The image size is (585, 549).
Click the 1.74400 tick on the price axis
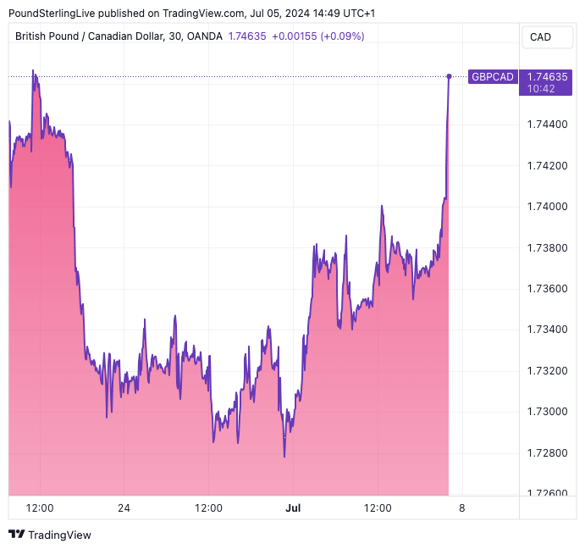(x=546, y=124)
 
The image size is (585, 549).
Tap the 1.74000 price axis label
(x=546, y=206)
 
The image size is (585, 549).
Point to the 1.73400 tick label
(x=546, y=330)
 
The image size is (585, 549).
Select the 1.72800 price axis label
(x=546, y=453)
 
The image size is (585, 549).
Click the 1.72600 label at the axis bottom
(x=546, y=492)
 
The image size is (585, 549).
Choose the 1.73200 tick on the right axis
(x=546, y=371)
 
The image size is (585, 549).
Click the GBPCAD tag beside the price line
(x=492, y=77)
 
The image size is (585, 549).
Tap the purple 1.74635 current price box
(x=547, y=81)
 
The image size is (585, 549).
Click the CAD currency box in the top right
(x=540, y=36)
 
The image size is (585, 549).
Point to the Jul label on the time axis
(x=293, y=508)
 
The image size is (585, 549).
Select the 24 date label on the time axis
(x=124, y=508)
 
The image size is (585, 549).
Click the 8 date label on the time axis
(x=461, y=508)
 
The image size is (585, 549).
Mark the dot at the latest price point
(x=449, y=77)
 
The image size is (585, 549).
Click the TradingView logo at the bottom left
(x=50, y=535)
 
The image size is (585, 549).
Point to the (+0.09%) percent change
(x=343, y=36)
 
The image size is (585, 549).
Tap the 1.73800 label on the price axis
(x=546, y=247)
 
